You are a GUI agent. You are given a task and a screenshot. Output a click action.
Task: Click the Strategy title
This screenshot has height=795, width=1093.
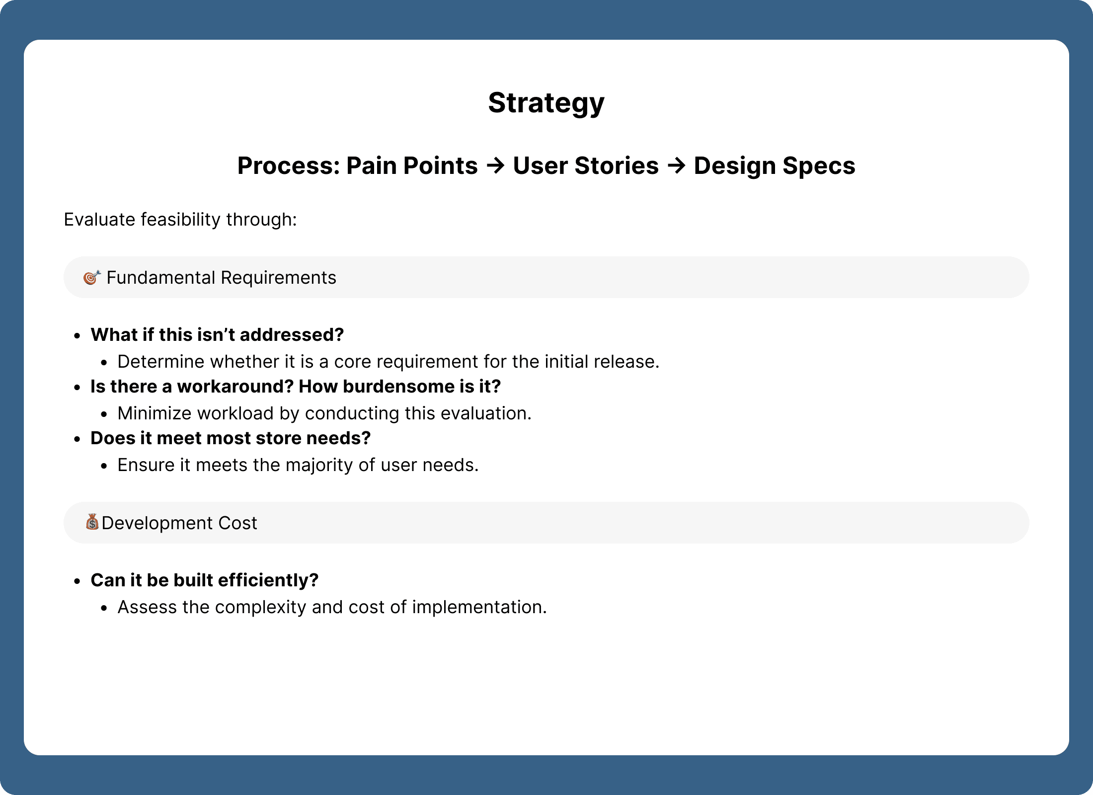pos(546,103)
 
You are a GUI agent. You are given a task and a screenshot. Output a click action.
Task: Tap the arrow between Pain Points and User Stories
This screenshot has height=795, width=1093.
pos(495,165)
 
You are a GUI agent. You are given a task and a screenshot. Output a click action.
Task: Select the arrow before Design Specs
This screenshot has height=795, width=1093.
pos(676,165)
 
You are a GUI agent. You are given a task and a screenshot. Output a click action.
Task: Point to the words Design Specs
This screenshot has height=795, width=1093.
pos(775,166)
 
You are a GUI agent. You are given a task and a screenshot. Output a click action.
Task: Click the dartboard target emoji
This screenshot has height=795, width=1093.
pos(92,277)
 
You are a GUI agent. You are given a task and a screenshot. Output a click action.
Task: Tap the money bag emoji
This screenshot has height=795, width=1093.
pos(92,522)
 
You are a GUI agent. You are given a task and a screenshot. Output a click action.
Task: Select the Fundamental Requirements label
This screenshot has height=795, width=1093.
pos(222,278)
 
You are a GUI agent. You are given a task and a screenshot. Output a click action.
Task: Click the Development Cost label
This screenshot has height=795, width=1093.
pos(179,523)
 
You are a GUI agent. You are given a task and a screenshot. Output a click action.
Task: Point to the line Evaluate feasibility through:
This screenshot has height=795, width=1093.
pos(180,220)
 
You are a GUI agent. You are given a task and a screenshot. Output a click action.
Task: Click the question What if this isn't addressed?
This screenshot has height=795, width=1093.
pos(217,335)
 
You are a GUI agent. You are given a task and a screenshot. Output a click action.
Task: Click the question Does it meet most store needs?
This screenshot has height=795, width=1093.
pos(231,438)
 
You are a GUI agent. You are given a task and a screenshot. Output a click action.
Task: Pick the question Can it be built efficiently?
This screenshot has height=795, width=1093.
pos(205,580)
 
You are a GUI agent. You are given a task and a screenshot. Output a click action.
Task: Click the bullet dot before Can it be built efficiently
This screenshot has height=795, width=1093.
pos(77,581)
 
